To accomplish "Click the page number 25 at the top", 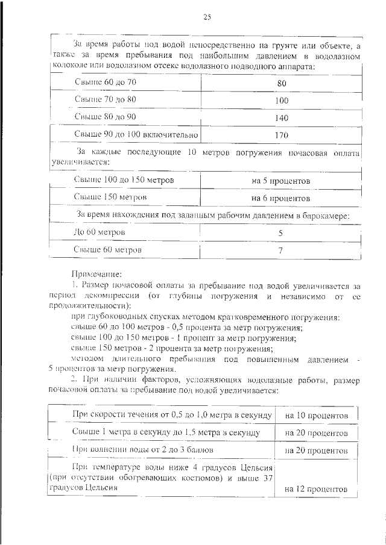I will point(206,17).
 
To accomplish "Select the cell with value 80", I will point(281,83).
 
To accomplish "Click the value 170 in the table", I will point(282,135).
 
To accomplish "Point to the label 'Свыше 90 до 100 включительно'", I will point(136,134).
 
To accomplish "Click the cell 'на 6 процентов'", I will point(281,198).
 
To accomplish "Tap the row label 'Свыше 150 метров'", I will point(110,197).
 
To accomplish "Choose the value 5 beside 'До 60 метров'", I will point(281,232).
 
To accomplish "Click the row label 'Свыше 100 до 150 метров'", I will point(124,180).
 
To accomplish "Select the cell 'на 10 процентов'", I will point(317,416).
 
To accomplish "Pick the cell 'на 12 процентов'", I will point(317,490).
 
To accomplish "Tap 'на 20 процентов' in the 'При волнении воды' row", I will point(317,450).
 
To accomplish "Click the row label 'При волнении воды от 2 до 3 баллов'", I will point(142,449).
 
